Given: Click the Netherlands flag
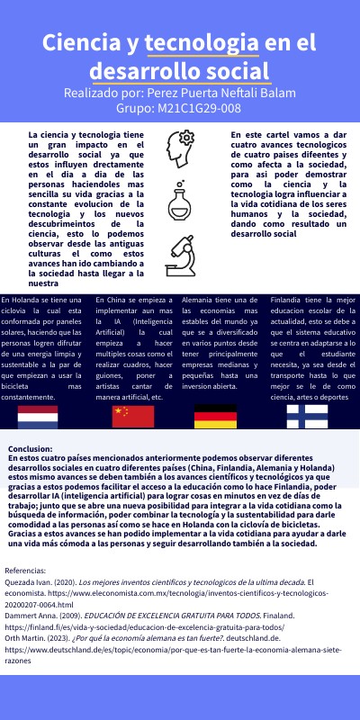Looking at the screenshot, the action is [x=38, y=415].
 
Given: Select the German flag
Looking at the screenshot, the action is [x=215, y=415].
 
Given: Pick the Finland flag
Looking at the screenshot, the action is [x=307, y=415].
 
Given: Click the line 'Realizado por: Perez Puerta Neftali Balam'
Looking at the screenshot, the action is [x=180, y=93].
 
